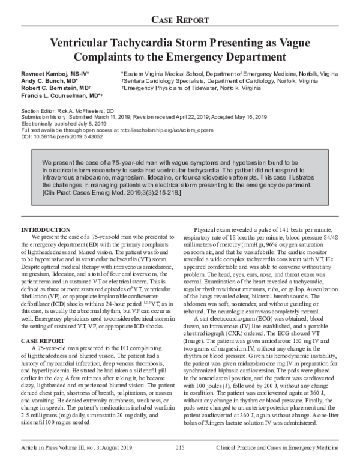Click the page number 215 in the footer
[180, 447]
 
